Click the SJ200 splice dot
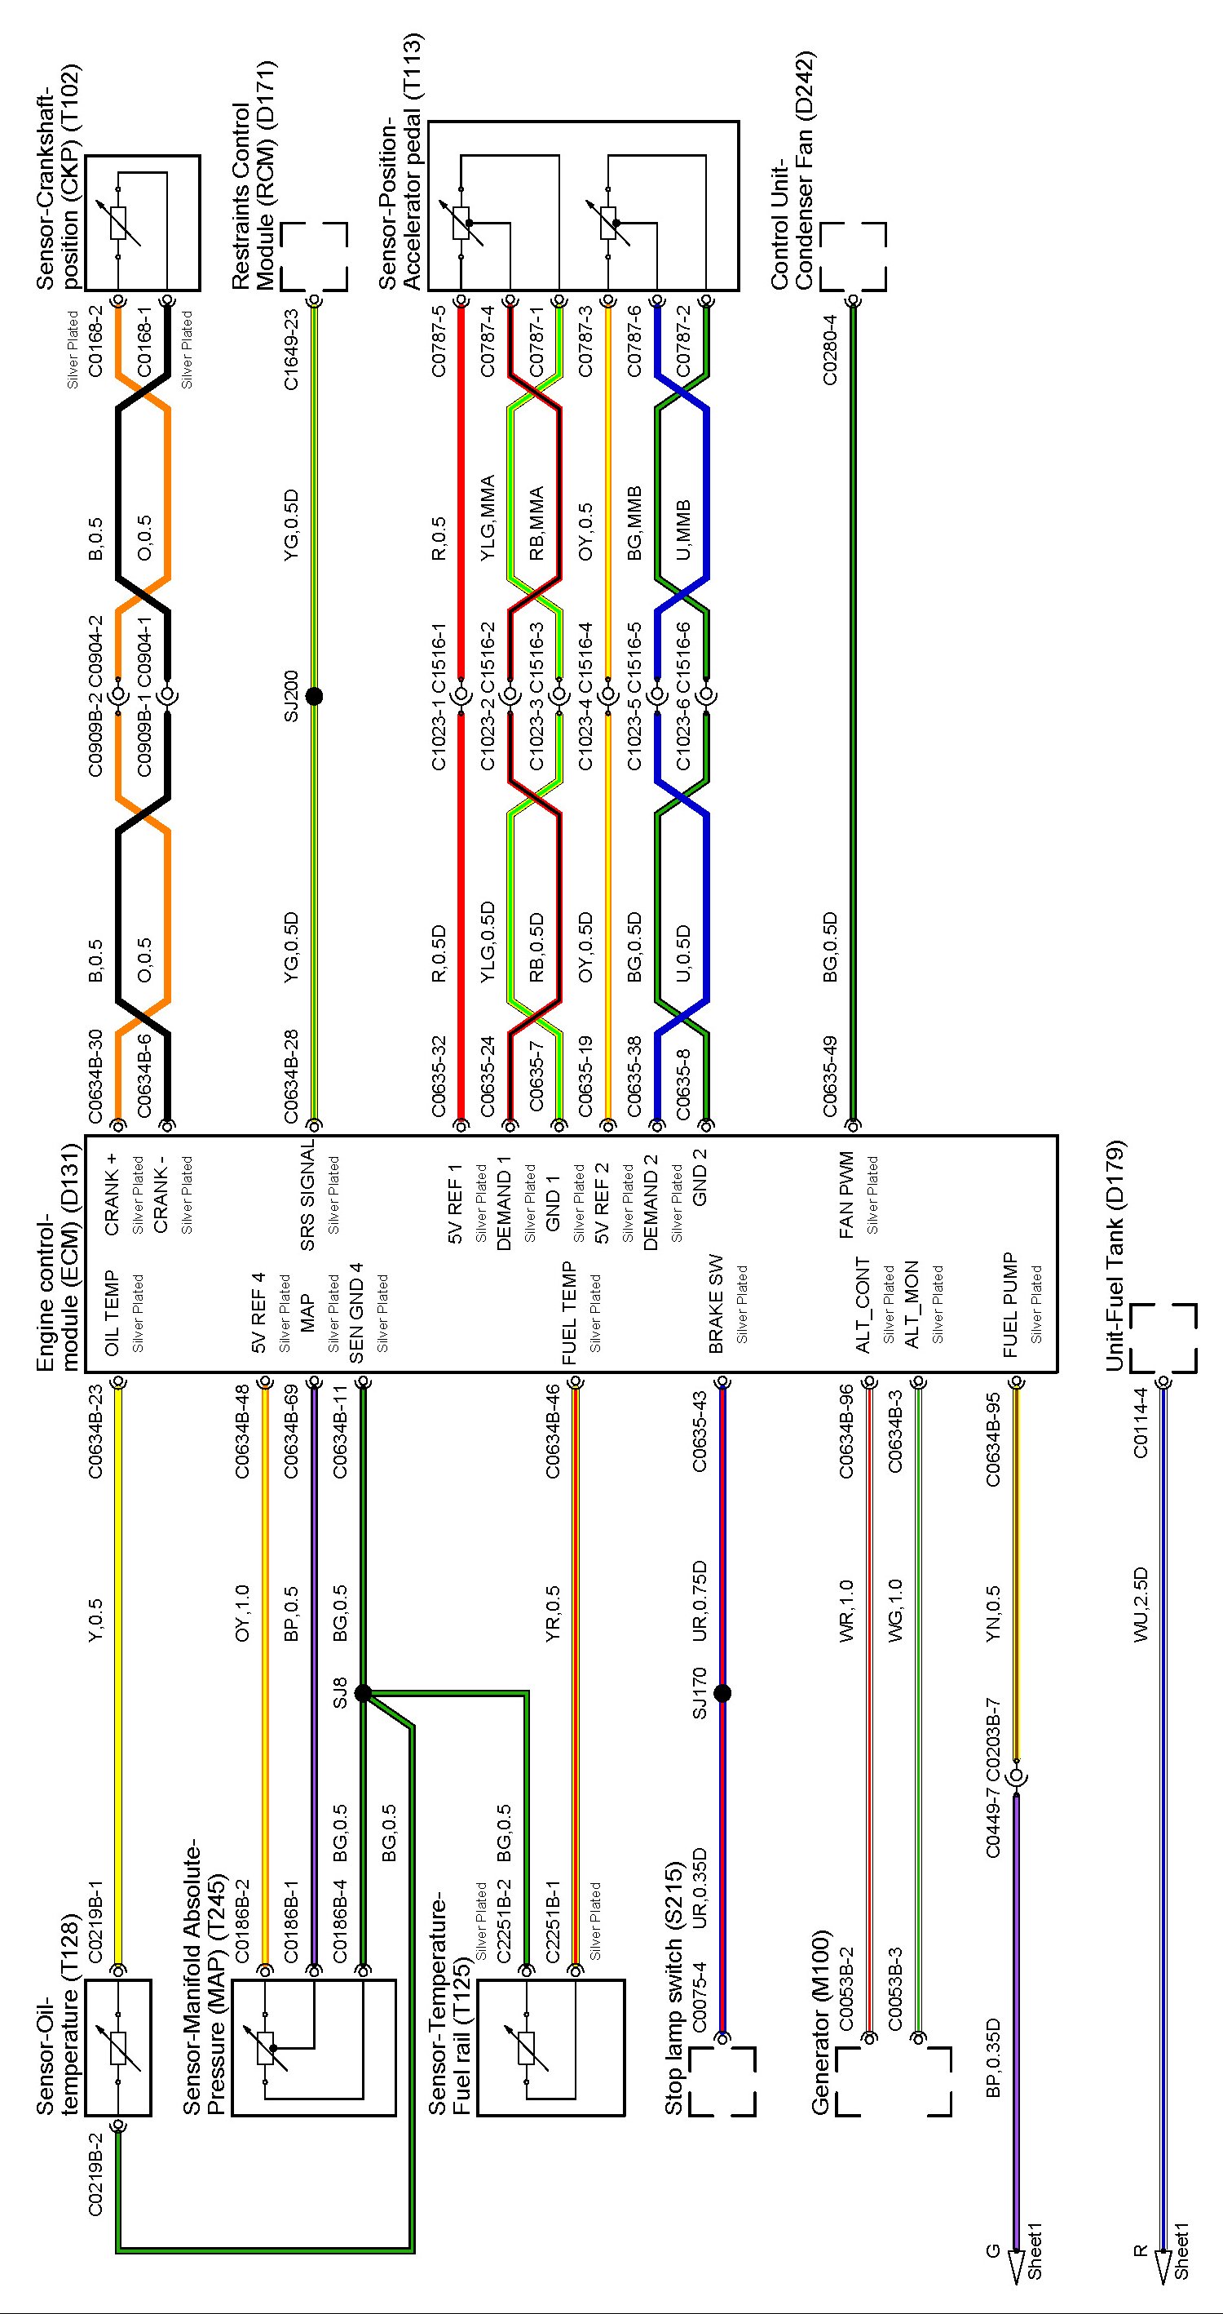click(x=313, y=695)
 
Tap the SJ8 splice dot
click(x=363, y=1693)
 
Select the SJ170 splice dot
click(x=722, y=1693)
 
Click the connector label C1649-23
click(x=291, y=350)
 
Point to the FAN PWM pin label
click(x=846, y=1195)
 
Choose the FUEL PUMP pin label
click(x=1010, y=1306)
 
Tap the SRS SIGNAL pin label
click(x=307, y=1195)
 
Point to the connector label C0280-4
click(x=830, y=350)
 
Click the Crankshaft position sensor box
click(x=142, y=223)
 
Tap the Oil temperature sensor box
click(x=117, y=2047)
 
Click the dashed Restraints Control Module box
click(x=313, y=256)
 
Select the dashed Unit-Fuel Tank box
click(x=1163, y=1338)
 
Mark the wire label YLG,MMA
click(x=488, y=518)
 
